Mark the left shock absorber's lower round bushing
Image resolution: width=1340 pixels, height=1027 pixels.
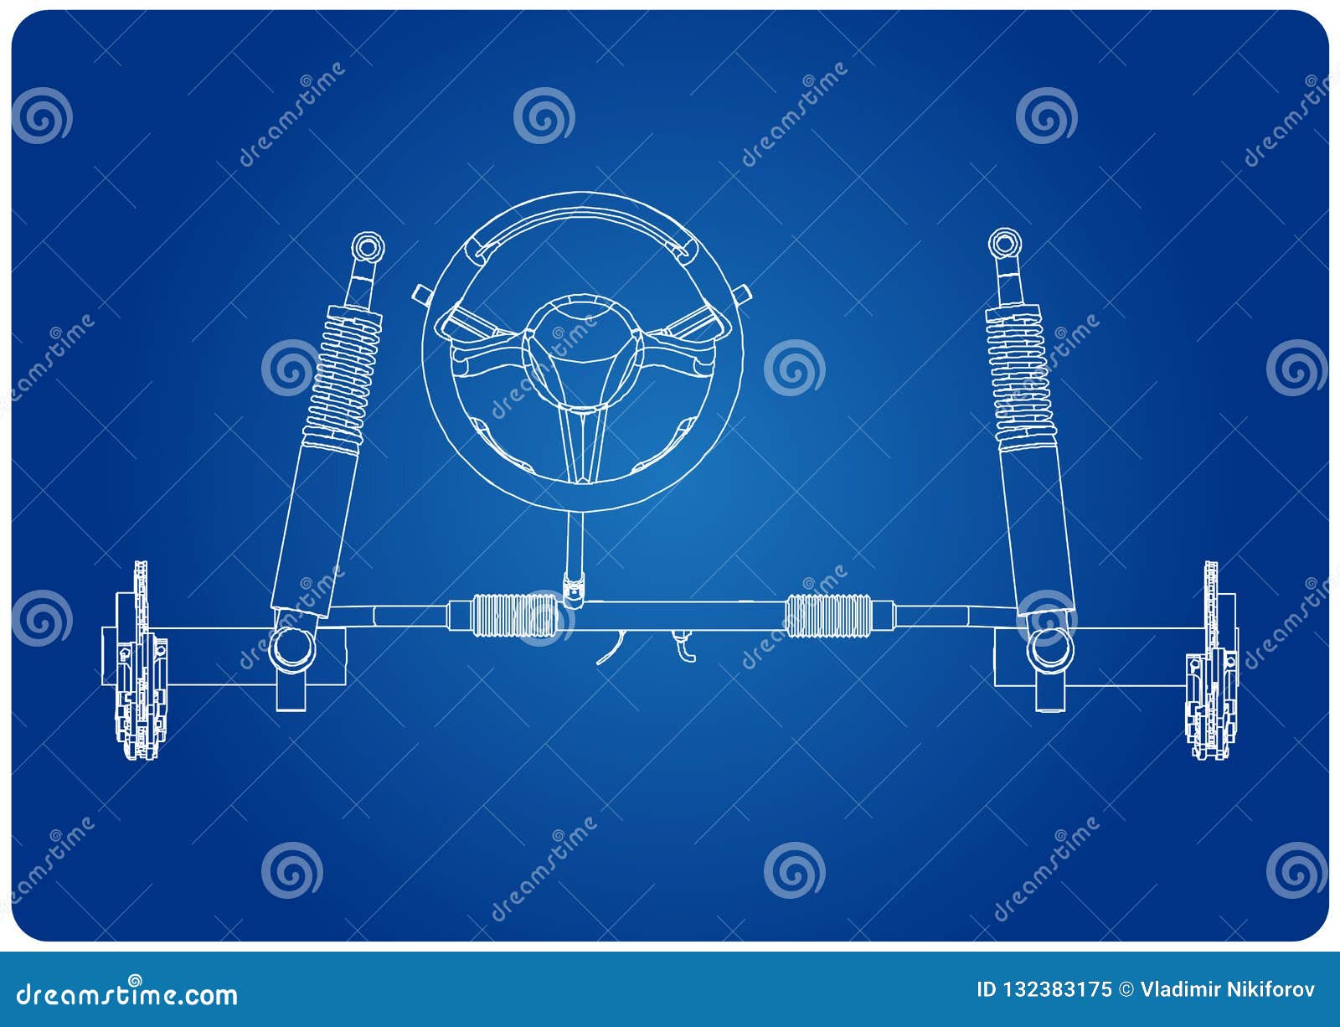point(291,647)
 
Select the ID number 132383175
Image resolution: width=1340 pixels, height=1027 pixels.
point(1044,989)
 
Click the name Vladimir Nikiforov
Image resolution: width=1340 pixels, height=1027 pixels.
point(1228,989)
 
